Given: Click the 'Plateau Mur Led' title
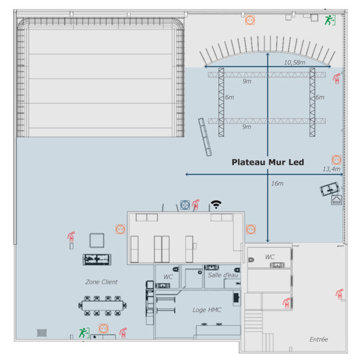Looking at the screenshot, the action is coord(268,162).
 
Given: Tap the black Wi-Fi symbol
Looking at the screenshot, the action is coord(216,204).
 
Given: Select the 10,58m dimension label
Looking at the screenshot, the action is coord(295,62).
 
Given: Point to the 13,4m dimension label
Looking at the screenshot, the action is coord(331,169).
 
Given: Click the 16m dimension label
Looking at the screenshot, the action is coord(277,184).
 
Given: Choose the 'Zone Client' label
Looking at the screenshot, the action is coord(101,282).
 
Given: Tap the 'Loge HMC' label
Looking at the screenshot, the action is coord(206,310).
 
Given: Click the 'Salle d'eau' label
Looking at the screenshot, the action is coord(223,275).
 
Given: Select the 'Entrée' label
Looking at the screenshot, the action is coord(319,339).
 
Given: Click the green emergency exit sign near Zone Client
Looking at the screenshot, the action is coord(84,332).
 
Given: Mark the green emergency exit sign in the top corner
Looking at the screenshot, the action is coord(330,20).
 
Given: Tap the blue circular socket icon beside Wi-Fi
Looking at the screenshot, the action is coord(185,205).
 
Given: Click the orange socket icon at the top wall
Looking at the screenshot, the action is coord(250,20).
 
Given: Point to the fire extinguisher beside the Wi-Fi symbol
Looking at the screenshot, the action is coord(196,205).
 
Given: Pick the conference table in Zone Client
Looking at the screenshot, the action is coord(103,305).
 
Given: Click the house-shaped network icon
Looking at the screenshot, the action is coord(337,200).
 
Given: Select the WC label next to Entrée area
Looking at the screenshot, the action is coord(269,257).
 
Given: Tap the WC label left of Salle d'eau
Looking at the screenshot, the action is coord(168,277).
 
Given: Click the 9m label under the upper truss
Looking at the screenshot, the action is coord(247,81).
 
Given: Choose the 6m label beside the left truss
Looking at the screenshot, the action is coord(229,97).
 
